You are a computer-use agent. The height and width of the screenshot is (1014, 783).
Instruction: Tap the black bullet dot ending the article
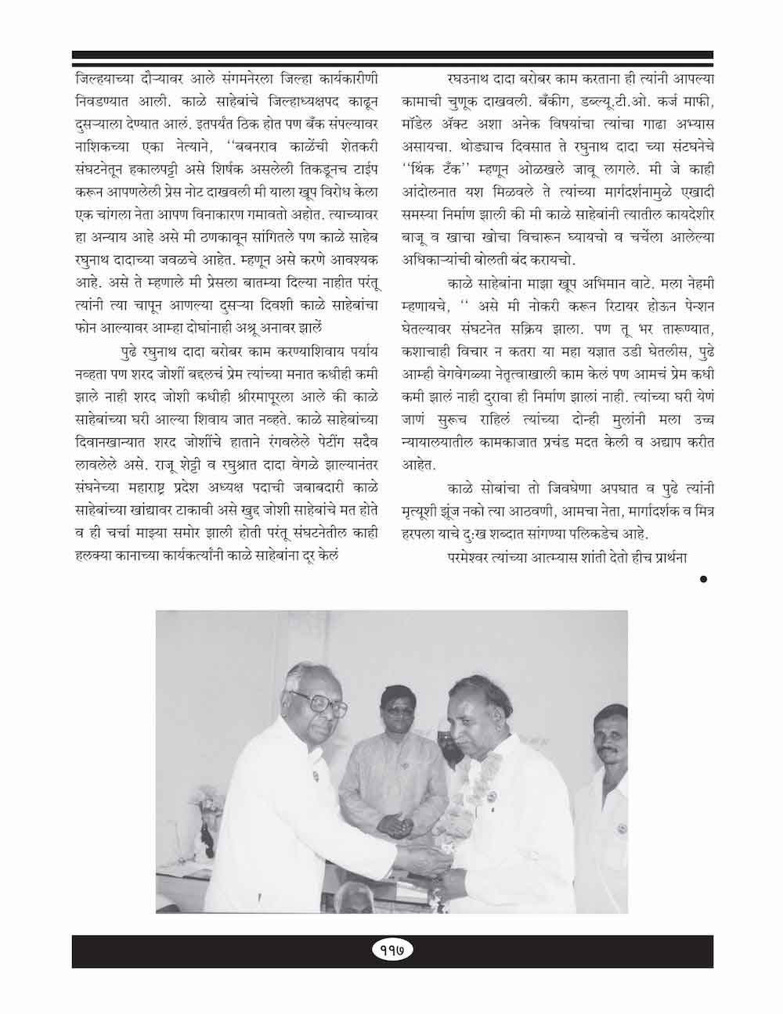click(x=703, y=579)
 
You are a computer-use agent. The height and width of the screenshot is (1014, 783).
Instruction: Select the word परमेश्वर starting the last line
click(x=474, y=559)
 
